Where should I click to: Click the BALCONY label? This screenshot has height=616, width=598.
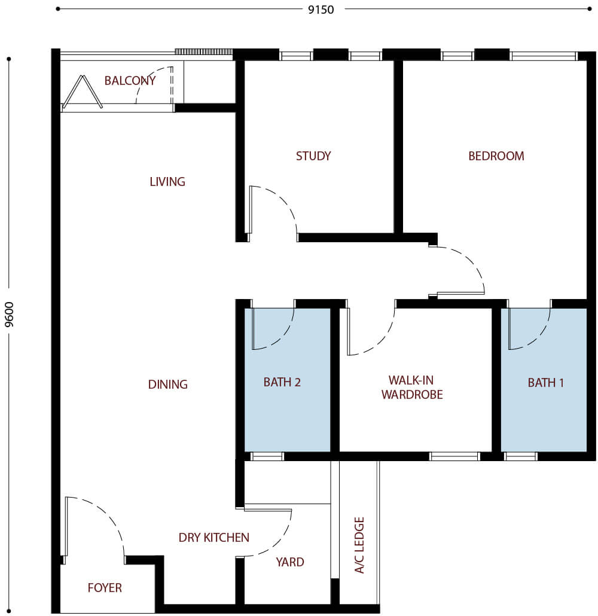[130, 81]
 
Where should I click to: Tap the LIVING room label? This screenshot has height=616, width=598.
[167, 181]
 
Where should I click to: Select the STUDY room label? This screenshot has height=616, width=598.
[313, 156]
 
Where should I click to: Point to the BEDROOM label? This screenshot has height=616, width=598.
[496, 156]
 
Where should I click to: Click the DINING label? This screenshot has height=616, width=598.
[167, 385]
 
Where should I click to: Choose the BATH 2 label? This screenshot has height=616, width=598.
[282, 382]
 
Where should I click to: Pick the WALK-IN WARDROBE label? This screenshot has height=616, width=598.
[412, 388]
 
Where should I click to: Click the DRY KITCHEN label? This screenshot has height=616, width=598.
[213, 538]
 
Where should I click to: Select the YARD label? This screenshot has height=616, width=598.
[289, 562]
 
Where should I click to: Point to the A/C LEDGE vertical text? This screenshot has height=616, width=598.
[359, 545]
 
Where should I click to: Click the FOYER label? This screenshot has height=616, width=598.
[105, 588]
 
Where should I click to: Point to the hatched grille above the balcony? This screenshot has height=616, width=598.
[203, 52]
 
